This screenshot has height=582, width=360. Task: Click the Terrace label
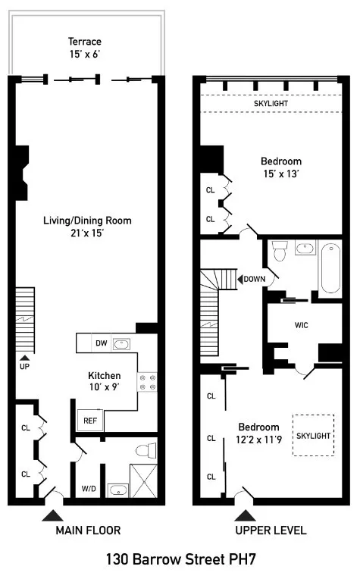[x=86, y=41]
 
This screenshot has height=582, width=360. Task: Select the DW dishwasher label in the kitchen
[x=101, y=343]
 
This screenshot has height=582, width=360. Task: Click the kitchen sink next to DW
[x=121, y=343]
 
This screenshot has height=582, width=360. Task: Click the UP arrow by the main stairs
[x=25, y=358]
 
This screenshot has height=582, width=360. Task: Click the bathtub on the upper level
[x=330, y=268]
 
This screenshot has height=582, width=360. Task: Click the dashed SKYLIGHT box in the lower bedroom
[x=313, y=436]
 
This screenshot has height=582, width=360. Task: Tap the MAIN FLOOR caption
[x=88, y=530]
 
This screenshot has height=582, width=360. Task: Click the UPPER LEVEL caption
[x=271, y=530]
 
